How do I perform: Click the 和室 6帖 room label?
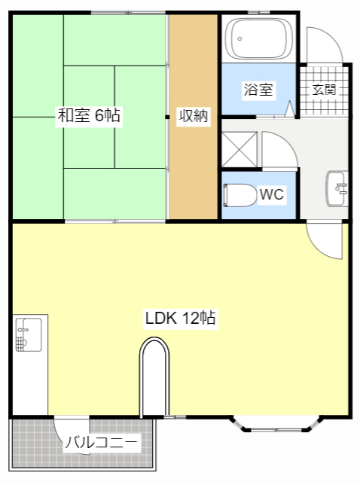tap(89, 116)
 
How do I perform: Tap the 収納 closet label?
tap(193, 116)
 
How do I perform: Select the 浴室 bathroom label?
tap(258, 90)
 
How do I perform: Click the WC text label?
tap(271, 194)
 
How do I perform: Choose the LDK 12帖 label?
tap(181, 318)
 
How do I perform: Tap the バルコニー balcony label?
tap(101, 443)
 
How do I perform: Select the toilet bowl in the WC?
tap(239, 194)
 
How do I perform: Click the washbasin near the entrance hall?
tap(336, 186)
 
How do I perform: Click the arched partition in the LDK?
tap(154, 377)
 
